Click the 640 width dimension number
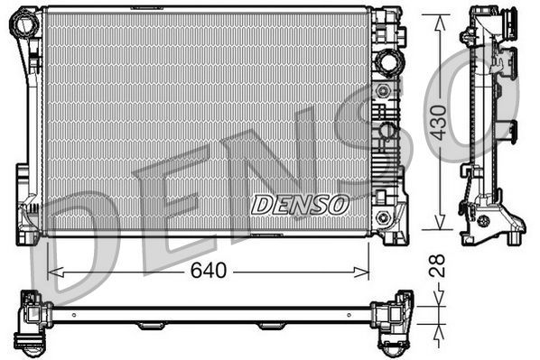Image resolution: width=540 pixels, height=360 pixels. [208, 270]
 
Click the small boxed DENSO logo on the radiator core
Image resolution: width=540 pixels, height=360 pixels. [300, 205]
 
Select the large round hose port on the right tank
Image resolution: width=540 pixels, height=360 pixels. [389, 63]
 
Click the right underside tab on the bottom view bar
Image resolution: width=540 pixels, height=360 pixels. [271, 326]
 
